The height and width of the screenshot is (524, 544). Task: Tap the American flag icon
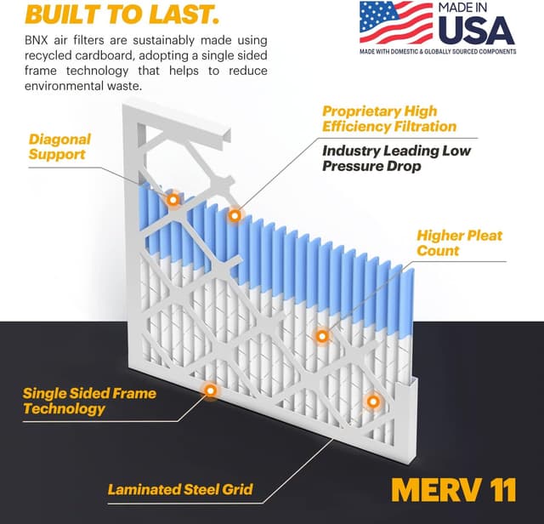[395, 22]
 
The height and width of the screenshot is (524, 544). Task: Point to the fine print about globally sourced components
[437, 52]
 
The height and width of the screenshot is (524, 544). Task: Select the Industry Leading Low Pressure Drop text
[394, 158]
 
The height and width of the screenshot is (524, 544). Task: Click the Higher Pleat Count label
[459, 242]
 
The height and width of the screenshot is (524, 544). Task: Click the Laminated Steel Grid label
[180, 489]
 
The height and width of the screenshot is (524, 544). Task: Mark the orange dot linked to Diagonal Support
[173, 200]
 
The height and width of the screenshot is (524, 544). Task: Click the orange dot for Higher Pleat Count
[322, 336]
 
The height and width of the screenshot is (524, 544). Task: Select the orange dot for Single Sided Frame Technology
[209, 390]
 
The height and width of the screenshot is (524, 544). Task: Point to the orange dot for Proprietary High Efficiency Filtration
[235, 216]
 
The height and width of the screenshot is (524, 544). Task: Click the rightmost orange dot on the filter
[371, 400]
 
